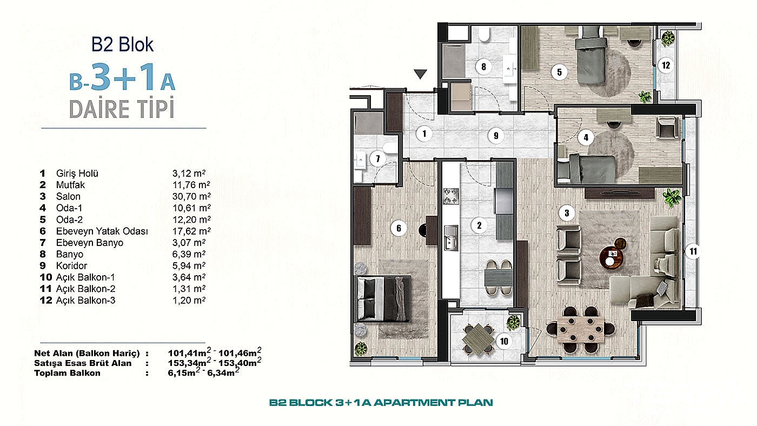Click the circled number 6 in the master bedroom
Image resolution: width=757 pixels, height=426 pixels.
(399, 228)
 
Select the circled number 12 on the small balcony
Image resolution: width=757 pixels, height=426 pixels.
(666, 65)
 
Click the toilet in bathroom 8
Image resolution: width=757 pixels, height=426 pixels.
(484, 36)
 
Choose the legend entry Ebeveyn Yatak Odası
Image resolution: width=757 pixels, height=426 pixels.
(102, 231)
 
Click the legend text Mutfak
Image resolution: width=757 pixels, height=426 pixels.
(70, 185)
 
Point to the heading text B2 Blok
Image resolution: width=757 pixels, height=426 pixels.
(123, 44)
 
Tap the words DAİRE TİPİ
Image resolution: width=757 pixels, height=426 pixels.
(122, 109)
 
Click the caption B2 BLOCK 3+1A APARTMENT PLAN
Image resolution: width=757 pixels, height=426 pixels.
(381, 403)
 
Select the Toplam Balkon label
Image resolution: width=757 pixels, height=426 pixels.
(67, 373)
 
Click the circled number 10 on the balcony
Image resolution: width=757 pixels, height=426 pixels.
(504, 341)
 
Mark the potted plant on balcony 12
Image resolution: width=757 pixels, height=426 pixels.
(669, 37)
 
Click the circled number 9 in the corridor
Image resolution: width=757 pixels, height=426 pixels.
(496, 136)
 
